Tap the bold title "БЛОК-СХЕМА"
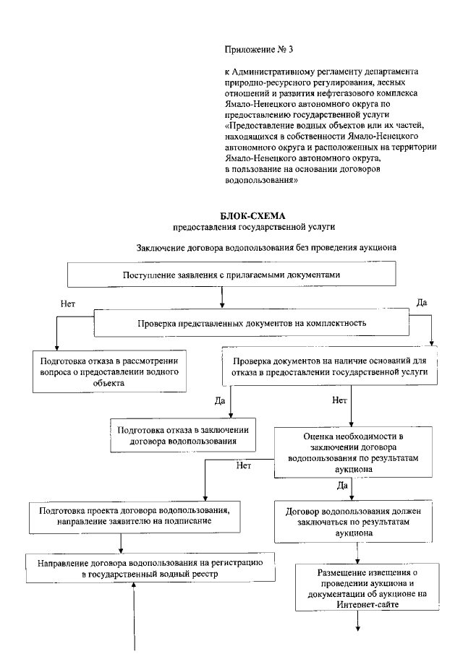(249, 216)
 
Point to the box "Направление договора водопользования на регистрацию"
(150, 568)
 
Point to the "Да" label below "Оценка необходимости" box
(342, 486)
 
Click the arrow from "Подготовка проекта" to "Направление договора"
(120, 543)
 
